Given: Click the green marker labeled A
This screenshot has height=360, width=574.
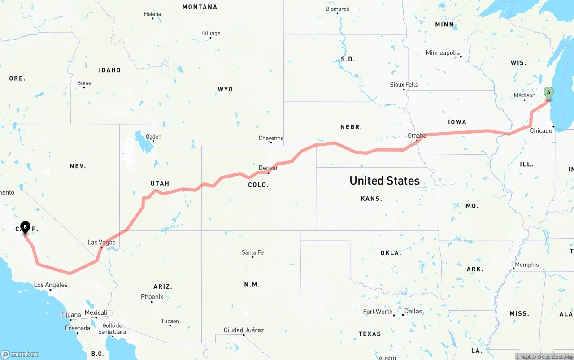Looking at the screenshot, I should [548, 93].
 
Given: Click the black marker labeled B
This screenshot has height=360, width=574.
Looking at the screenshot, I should [25, 227].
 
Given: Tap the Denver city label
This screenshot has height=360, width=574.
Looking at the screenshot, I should [268, 168].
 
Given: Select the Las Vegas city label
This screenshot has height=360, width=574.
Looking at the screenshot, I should [101, 243].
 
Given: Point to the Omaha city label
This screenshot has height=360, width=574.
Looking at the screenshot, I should [417, 135].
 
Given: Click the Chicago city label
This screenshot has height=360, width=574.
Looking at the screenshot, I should [541, 131].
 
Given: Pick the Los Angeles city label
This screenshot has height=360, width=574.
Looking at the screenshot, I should [51, 285].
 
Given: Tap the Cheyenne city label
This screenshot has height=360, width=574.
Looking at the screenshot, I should [271, 138].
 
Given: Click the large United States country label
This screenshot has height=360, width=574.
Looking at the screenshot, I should [384, 181].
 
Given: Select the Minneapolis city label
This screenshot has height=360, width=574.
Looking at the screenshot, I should [443, 53].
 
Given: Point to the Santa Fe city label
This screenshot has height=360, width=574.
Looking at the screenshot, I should [252, 252].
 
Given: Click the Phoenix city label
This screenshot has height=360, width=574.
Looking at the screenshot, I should [152, 297].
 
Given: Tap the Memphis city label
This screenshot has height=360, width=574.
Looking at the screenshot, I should [527, 265].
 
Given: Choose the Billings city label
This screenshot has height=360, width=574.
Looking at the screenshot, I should [211, 33].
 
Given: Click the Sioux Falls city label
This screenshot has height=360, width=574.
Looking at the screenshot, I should [404, 84].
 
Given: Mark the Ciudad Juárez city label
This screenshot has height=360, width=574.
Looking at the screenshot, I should [244, 330].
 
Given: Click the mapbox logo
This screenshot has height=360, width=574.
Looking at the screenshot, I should [20, 354].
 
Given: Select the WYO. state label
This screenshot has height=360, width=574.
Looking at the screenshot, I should [226, 90].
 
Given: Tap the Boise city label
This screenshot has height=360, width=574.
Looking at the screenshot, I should [84, 83].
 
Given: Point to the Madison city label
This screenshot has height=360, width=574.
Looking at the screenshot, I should [525, 95].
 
